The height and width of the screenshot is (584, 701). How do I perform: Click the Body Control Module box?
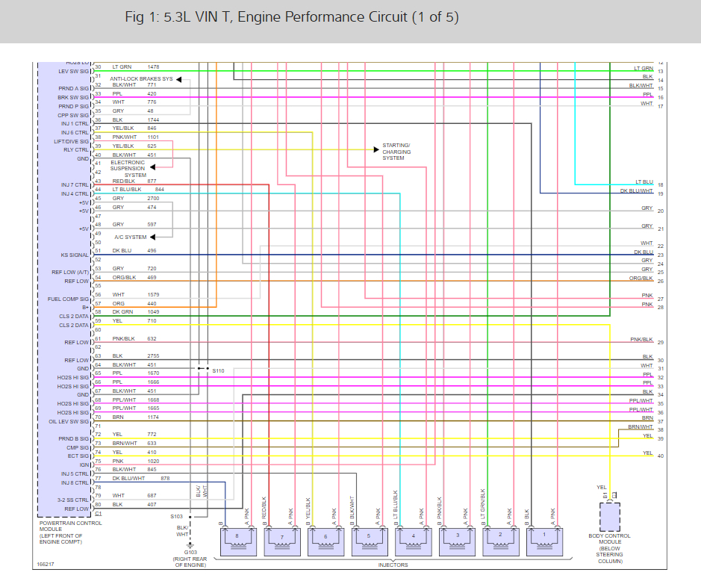point(610,515)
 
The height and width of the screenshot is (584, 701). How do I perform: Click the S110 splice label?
point(218,370)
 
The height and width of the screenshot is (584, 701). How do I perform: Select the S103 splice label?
point(176,516)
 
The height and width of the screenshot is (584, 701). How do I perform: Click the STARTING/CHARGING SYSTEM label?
point(396,152)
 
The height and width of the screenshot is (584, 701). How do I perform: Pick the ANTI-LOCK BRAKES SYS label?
point(141,78)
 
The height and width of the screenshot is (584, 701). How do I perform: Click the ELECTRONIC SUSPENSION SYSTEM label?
point(128,168)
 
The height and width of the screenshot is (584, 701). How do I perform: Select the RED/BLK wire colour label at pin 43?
point(123,181)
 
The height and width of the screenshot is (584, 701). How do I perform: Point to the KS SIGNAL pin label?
point(75,255)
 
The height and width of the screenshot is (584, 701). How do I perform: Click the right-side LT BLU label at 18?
point(644,181)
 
